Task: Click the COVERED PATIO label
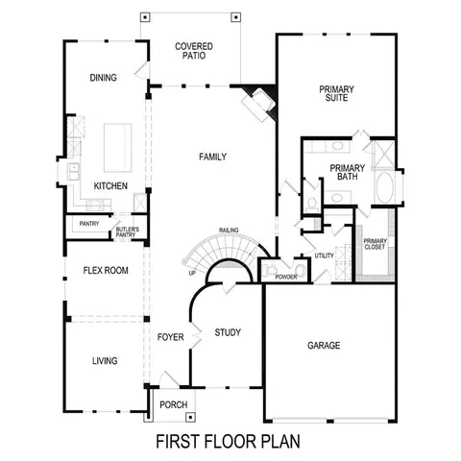coord(193,51)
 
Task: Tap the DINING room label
coord(103,78)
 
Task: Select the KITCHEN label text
coord(110,185)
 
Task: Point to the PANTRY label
coord(89,224)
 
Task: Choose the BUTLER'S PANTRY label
coord(127,230)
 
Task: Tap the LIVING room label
coord(104,361)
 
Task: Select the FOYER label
coord(169,337)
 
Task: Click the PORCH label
coord(173,404)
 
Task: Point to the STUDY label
coord(227,333)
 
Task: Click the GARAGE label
coord(324,345)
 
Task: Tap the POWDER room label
coord(285,277)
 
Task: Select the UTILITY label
coord(324,256)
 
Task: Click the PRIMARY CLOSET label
coord(375,245)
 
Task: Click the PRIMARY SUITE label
coord(336,93)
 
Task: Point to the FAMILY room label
coord(212,156)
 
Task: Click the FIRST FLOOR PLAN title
coord(229,443)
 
